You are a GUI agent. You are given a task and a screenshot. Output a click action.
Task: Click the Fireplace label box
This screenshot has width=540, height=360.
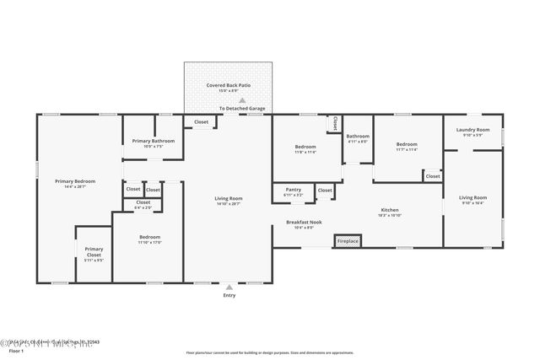point(347,242)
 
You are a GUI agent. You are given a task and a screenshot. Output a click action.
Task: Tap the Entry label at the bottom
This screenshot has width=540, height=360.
point(229,295)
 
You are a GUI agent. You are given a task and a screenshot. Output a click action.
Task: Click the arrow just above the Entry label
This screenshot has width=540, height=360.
point(229,287)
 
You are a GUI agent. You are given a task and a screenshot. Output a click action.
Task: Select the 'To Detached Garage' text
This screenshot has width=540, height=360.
point(242,109)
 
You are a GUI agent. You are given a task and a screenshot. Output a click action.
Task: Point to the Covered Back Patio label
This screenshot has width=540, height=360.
point(229,85)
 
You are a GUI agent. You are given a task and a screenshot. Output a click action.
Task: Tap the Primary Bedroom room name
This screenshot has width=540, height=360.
point(75,181)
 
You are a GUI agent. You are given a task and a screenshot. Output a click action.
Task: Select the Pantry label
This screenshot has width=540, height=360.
point(294,190)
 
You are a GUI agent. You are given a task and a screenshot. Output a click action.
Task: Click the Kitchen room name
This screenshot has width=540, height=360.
point(389,210)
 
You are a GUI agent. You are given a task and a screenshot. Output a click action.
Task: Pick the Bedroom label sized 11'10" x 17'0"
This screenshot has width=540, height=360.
point(150,238)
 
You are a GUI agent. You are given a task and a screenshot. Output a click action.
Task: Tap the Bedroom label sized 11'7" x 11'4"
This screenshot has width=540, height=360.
point(407,144)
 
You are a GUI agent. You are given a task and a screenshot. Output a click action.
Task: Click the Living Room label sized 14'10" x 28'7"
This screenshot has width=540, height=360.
point(228,198)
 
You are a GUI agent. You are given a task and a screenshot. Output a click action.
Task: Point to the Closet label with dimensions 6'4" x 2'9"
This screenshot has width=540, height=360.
point(143,202)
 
